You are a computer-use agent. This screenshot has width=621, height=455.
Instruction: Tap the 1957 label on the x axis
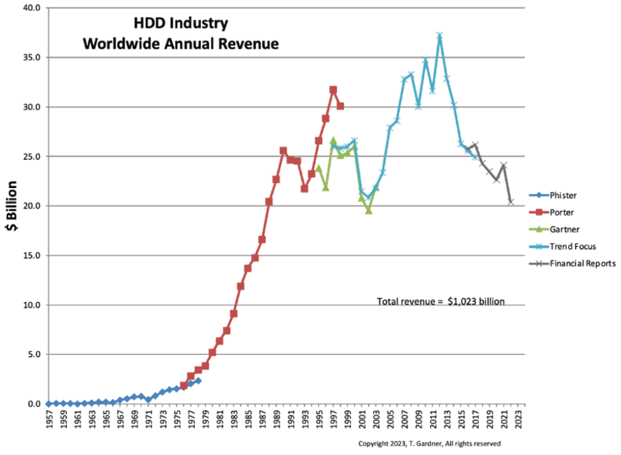pyautogui.click(x=48, y=421)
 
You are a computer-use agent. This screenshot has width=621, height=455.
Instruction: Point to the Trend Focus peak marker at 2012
pyautogui.click(x=439, y=36)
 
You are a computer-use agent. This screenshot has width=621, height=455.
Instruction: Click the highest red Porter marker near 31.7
pyautogui.click(x=333, y=90)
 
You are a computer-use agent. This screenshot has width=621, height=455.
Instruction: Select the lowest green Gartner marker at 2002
pyautogui.click(x=369, y=210)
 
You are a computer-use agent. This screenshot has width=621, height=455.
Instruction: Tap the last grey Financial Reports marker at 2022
pyautogui.click(x=511, y=202)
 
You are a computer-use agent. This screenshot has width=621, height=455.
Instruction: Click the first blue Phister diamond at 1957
pyautogui.click(x=48, y=404)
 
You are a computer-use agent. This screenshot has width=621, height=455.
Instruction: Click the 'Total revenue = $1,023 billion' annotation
pyautogui.click(x=441, y=300)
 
